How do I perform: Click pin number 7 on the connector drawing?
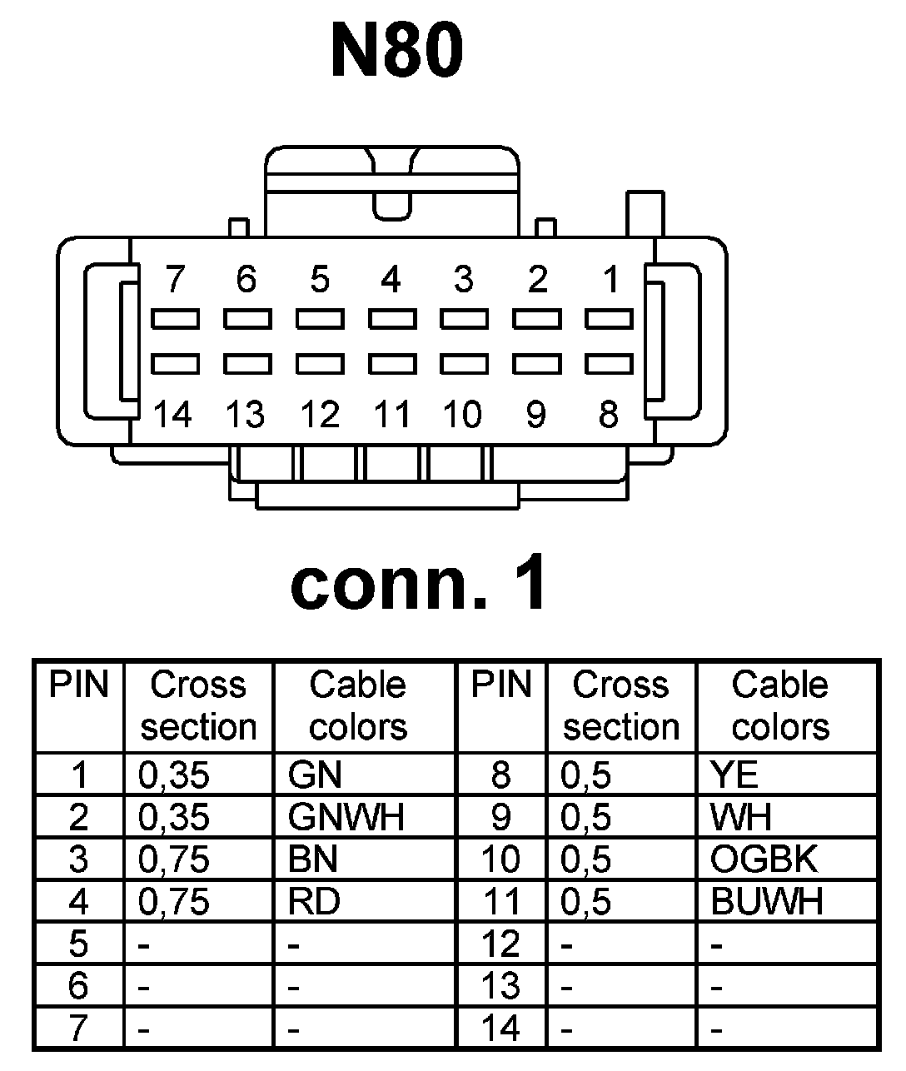[x=174, y=280]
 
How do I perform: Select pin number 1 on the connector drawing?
[x=611, y=280]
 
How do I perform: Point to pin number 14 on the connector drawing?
[x=172, y=414]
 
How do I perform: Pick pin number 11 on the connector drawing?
[x=391, y=414]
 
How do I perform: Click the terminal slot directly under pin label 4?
[x=392, y=318]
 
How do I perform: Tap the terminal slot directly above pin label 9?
[x=537, y=364]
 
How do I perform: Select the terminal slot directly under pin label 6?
[x=246, y=318]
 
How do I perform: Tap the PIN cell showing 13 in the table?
[x=500, y=986]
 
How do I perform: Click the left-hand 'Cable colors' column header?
[x=358, y=705]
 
